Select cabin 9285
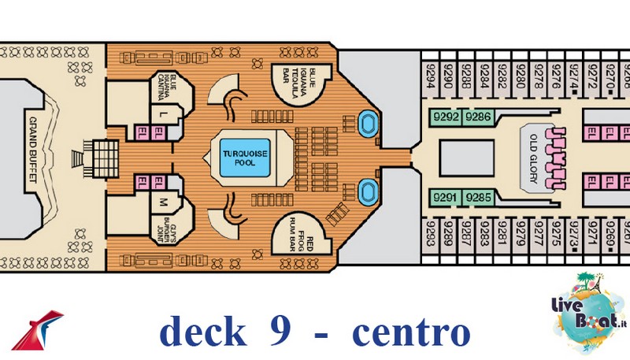(478, 197)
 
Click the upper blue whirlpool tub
(367, 123)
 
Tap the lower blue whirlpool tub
(367, 191)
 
